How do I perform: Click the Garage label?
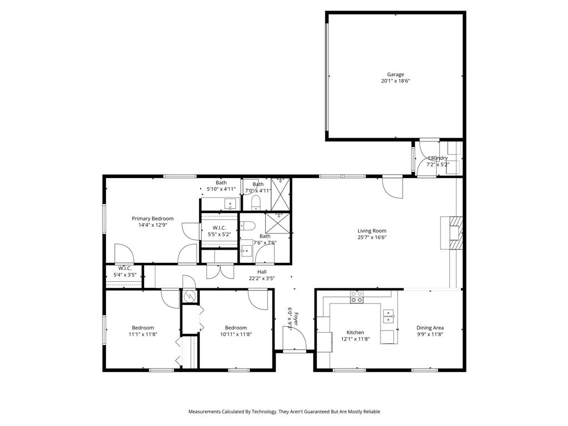click(x=395, y=74)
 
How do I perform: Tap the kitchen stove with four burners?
click(x=356, y=298)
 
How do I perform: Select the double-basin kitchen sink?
click(x=389, y=316)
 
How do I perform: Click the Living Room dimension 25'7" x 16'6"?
click(x=372, y=237)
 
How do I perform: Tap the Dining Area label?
click(x=430, y=328)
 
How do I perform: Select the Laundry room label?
click(x=438, y=158)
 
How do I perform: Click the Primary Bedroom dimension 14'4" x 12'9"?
click(x=153, y=225)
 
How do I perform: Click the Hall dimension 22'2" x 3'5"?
click(x=262, y=278)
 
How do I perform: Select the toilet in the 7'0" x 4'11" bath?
click(x=256, y=201)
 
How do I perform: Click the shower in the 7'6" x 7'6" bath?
click(x=277, y=224)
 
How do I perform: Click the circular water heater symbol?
click(x=190, y=297)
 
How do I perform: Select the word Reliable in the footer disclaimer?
click(x=368, y=412)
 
